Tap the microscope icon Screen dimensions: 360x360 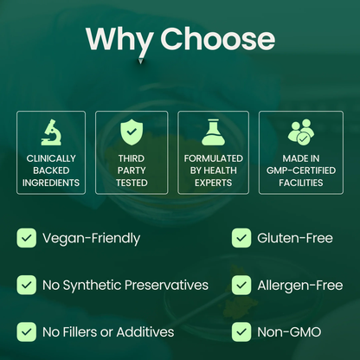(51, 132)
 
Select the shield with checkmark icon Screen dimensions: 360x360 (132, 132)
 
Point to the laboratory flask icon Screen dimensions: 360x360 (213, 132)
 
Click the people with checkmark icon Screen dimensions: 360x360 (300, 132)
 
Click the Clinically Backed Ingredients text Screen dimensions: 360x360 (51, 170)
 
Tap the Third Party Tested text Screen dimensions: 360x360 (132, 170)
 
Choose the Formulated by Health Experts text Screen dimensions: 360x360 (213, 170)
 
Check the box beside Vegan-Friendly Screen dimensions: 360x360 (27, 238)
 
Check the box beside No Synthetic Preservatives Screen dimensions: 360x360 (27, 285)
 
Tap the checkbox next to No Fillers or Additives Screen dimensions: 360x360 (27, 331)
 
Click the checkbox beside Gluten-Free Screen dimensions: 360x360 (241, 238)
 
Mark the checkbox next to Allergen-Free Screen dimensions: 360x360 (241, 285)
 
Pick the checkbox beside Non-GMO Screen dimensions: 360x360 (241, 331)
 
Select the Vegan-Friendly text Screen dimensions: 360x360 (91, 238)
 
